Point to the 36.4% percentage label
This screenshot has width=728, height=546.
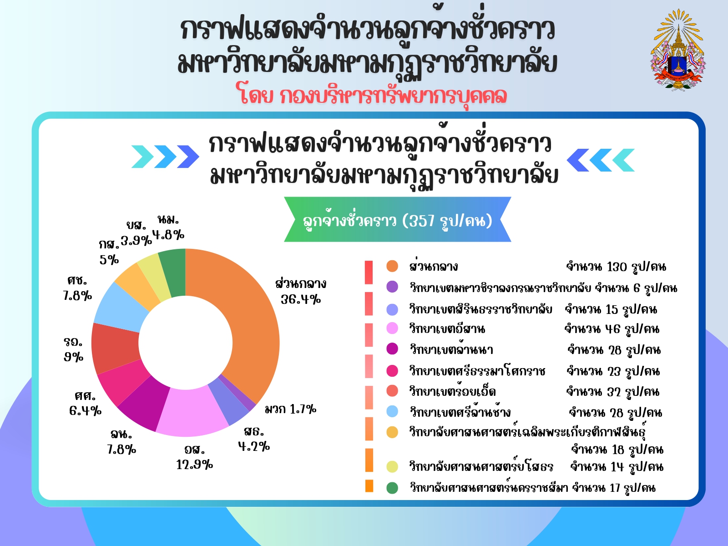[x=301, y=299]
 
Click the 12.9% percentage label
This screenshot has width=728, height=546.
[x=194, y=465]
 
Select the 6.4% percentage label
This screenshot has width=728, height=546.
[x=85, y=411]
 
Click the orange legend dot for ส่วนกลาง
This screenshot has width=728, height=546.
[x=392, y=266]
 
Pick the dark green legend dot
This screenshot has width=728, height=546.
[x=392, y=488]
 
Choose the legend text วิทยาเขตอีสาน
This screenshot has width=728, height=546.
[x=447, y=329]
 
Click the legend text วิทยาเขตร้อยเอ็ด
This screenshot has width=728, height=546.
[x=452, y=391]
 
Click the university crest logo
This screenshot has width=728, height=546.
[x=678, y=50]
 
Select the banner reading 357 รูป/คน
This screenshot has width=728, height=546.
[x=397, y=219]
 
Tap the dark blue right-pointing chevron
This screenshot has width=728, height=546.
[x=188, y=157]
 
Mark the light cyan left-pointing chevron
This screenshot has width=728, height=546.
[x=623, y=160]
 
